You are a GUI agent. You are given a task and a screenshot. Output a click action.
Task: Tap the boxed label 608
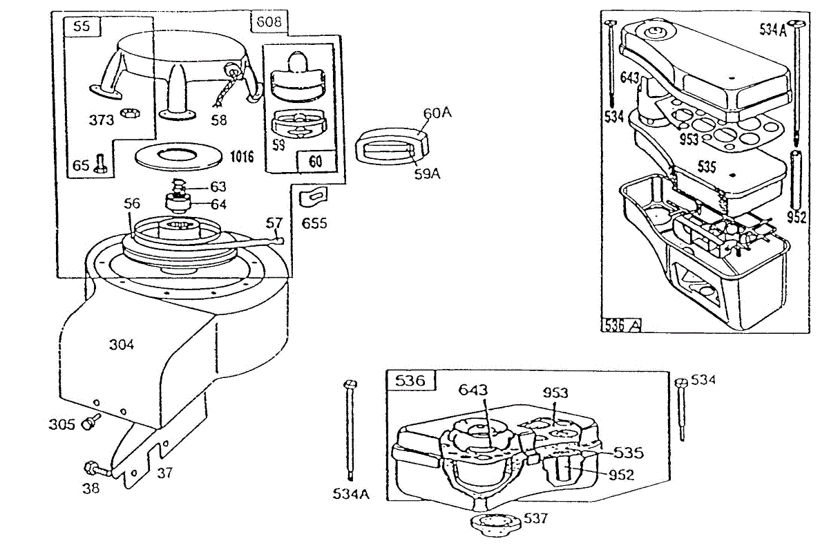268,22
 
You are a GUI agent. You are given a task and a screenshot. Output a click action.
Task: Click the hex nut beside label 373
127,113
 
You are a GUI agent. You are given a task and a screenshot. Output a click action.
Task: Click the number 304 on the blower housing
122,344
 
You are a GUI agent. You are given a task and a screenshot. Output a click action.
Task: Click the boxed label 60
316,162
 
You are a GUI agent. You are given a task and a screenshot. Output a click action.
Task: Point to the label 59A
426,174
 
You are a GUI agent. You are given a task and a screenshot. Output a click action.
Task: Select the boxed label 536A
622,324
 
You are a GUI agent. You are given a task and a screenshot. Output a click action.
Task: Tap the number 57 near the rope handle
274,223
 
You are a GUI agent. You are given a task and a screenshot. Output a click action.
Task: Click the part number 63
218,187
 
